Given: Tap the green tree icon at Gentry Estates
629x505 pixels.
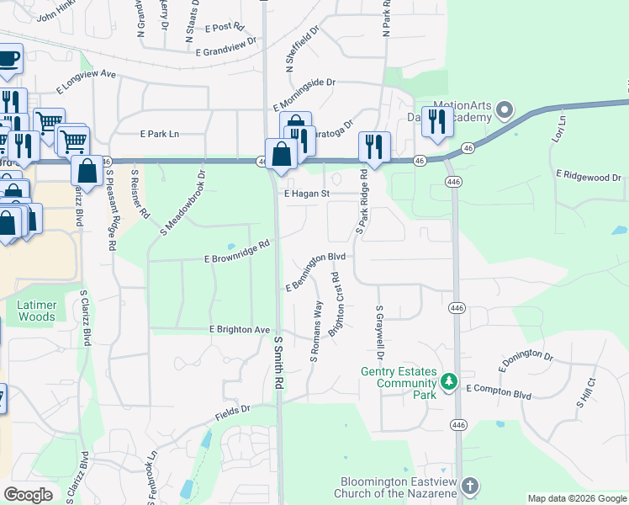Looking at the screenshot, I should coord(449,383).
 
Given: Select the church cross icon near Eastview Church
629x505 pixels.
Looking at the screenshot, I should coord(469,486).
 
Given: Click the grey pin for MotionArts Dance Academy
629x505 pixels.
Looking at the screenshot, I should coord(505,109).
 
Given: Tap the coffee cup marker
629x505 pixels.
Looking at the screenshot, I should coord(8,59).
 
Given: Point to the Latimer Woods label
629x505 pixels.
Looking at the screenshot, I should coord(36,311).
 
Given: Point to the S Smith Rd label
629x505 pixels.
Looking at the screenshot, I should coord(278,363).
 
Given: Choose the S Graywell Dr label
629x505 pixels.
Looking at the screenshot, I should coord(380,331).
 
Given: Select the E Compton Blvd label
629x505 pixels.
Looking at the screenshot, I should coord(499,389).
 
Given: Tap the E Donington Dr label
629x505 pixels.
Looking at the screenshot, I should coord(526,362).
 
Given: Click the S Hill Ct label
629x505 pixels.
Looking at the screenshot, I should coord(585,393).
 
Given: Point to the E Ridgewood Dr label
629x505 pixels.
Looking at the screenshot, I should coord(588,178).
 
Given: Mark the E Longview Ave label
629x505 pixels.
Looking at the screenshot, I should coord(86,81).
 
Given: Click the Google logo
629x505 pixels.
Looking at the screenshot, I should coord(29,495).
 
